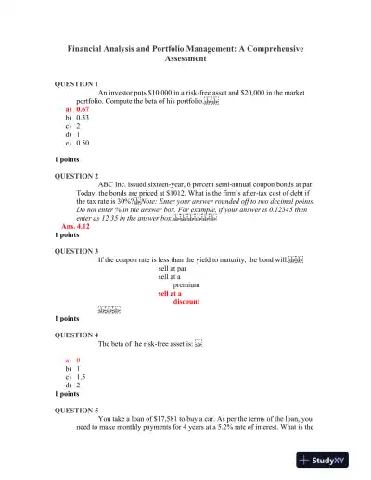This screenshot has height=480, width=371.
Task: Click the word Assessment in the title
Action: click(x=185, y=57)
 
